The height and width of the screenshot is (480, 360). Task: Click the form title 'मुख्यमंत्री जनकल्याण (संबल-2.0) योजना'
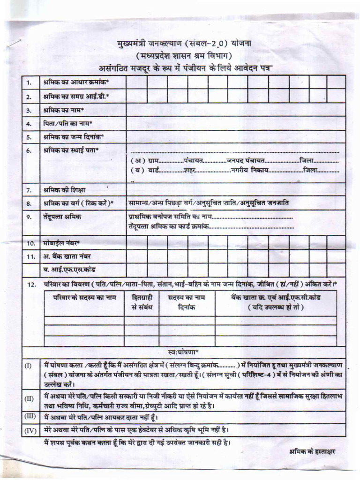184,45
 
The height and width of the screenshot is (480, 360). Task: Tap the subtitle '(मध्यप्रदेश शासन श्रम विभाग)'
184,56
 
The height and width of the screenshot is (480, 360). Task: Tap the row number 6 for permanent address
29,150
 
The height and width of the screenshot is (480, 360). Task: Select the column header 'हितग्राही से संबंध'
142,302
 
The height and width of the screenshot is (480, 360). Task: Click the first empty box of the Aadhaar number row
136,82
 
